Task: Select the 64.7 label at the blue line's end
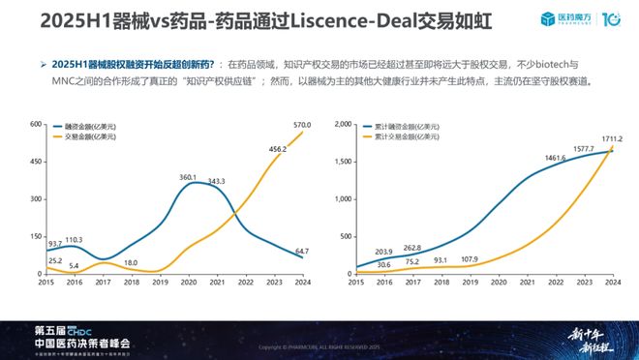coord(289,252)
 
